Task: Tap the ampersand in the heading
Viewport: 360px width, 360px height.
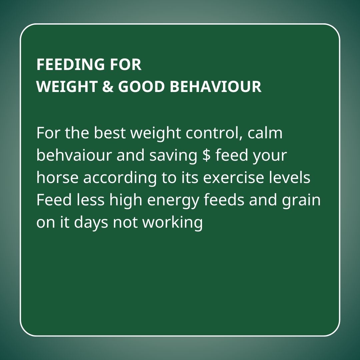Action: (108, 86)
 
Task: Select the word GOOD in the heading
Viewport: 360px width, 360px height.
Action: (141, 86)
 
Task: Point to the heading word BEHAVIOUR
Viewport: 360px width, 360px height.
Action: (216, 86)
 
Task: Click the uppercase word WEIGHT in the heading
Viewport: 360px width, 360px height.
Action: (67, 86)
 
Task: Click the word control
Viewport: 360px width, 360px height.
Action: (214, 133)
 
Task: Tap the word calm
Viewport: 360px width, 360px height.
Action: (265, 133)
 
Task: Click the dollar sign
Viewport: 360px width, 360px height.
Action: (207, 155)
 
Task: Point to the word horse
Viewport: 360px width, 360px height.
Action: (57, 177)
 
